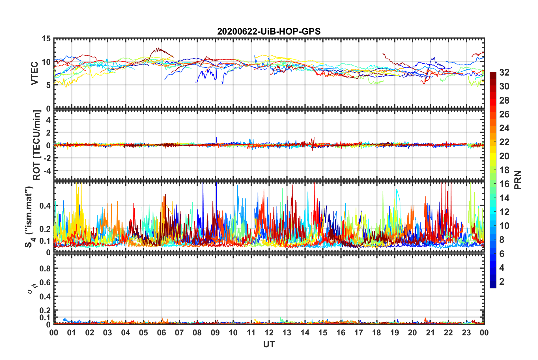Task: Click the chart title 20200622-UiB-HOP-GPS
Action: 269,31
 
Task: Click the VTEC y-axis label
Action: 35,73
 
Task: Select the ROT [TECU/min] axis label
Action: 37,145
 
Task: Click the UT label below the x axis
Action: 269,344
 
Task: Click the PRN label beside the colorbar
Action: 518,180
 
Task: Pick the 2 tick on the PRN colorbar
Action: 502,281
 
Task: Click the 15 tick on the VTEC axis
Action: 46,39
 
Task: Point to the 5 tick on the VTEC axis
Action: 48,85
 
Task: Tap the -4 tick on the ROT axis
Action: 47,171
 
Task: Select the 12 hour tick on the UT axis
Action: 269,333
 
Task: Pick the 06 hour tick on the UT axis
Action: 162,333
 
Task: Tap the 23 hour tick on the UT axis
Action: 466,333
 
